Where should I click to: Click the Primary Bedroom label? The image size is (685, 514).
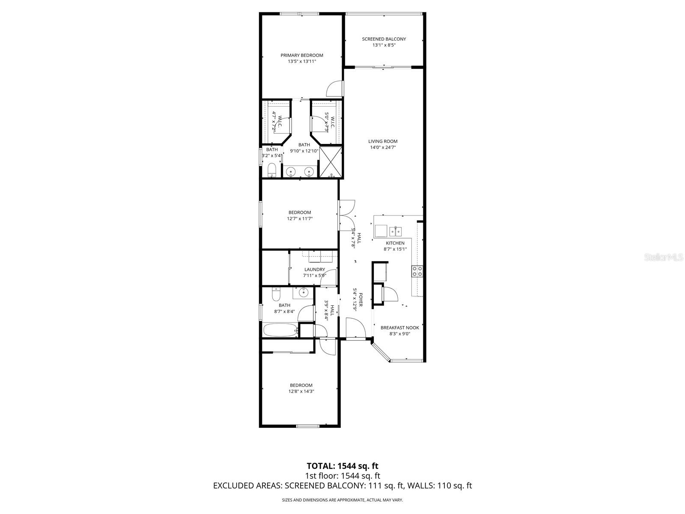tap(302, 55)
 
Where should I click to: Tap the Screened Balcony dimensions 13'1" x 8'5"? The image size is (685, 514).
tap(384, 45)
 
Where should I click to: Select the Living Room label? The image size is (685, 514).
tap(383, 141)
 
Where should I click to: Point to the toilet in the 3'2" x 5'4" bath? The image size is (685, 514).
tap(271, 170)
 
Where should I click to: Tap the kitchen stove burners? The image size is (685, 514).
tap(417, 271)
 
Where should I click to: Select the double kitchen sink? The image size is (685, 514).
tap(396, 232)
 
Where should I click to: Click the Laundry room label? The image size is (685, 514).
tap(314, 269)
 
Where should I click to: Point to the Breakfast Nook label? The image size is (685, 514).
tap(399, 328)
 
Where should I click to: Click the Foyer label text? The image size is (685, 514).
tap(361, 300)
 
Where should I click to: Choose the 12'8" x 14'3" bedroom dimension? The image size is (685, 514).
tap(301, 391)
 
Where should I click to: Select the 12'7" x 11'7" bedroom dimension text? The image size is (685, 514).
tap(300, 218)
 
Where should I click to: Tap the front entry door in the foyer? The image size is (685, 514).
tap(355, 328)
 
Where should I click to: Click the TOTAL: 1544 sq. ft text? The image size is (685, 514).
tap(342, 466)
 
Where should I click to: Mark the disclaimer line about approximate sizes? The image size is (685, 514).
tap(342, 500)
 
